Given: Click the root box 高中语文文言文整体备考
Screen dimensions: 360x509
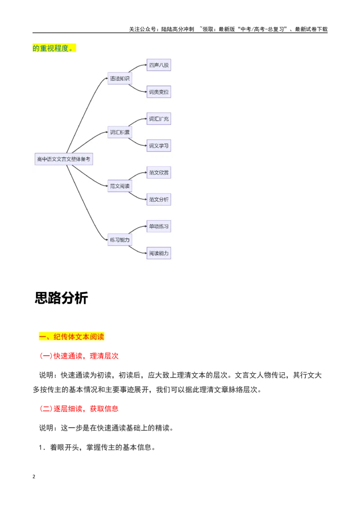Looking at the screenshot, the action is (64, 159).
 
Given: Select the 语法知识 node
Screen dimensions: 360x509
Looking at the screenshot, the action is (120, 79).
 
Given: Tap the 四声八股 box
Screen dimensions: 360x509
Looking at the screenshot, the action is (159, 65).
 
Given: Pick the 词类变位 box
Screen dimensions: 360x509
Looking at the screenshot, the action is (159, 92).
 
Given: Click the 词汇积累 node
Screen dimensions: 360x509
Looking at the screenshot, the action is (120, 132).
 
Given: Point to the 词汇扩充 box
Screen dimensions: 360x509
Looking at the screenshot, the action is (159, 119).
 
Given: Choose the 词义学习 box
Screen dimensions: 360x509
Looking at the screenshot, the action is (159, 146).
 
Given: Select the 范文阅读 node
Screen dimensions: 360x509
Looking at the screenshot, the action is (120, 186).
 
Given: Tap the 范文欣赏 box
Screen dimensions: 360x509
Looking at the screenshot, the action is (159, 173).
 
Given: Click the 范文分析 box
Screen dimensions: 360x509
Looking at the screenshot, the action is (159, 199).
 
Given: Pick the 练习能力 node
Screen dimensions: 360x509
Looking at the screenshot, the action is (120, 240).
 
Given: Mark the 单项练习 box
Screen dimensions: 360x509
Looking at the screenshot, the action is (159, 226).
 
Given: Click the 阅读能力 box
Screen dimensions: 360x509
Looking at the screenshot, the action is (159, 253).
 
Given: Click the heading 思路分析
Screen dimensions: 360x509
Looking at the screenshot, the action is (61, 298).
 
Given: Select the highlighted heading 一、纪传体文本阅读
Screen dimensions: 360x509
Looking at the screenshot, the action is (72, 337).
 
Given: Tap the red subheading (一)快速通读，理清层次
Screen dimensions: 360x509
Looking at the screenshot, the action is (79, 356).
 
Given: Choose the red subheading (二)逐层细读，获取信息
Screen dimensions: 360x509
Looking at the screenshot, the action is (79, 409).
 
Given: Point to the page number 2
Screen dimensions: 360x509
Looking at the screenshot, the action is (34, 477).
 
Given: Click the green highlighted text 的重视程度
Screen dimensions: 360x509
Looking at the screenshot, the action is (54, 48).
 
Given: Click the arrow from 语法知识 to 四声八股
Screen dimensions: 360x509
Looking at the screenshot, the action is (137, 67).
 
